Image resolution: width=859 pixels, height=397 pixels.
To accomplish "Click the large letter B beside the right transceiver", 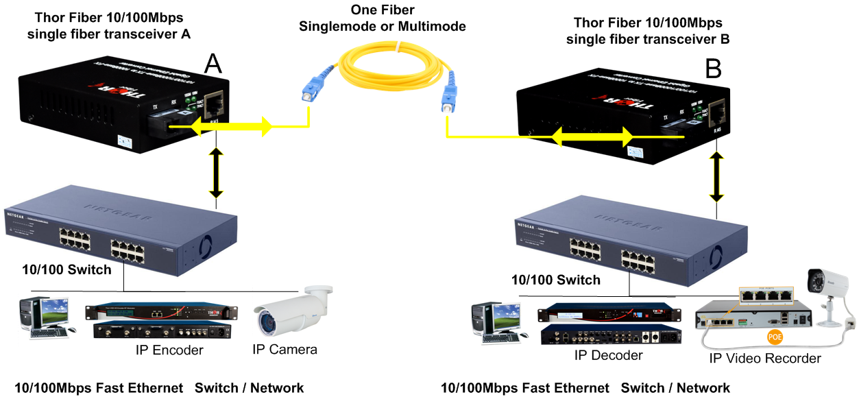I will tap(713, 69).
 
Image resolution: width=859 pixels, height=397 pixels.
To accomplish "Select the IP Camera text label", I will tap(285, 350).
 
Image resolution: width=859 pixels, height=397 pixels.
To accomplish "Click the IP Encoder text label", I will tap(169, 350).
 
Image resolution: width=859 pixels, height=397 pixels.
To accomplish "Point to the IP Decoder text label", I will tap(608, 355).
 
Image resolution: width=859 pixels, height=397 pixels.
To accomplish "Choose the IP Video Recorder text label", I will tap(765, 358).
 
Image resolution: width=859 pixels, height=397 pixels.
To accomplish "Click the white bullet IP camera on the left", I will tap(291, 312).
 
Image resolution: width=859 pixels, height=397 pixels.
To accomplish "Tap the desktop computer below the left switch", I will tap(46, 316).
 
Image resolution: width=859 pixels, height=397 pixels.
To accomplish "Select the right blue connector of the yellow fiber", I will tap(450, 92).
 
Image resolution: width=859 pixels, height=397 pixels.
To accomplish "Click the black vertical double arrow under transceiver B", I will tap(716, 177).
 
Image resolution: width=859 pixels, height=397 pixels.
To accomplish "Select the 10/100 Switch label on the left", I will tap(67, 269).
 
